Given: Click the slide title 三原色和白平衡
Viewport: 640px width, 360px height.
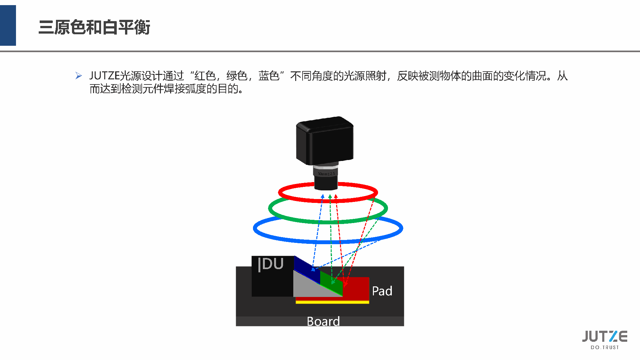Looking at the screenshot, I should [94, 27].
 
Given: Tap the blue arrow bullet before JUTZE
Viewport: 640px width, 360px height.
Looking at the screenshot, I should [79, 76].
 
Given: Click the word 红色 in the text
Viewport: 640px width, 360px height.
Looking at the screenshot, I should [205, 76].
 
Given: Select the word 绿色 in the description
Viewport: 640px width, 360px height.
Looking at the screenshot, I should [237, 76].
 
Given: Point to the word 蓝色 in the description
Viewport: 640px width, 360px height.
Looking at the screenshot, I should [269, 76].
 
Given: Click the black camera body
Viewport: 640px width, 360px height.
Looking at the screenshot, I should [325, 141].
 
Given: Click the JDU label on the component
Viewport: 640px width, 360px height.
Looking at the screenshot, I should [271, 264].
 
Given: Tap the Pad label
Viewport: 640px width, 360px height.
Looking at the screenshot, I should [382, 291].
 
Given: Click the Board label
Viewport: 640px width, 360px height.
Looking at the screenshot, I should [323, 321].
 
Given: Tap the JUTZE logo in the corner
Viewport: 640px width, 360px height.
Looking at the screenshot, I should [604, 336].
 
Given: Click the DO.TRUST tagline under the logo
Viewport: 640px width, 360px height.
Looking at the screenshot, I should [604, 348].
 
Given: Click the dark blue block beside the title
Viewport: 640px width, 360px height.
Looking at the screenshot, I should [8, 26].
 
